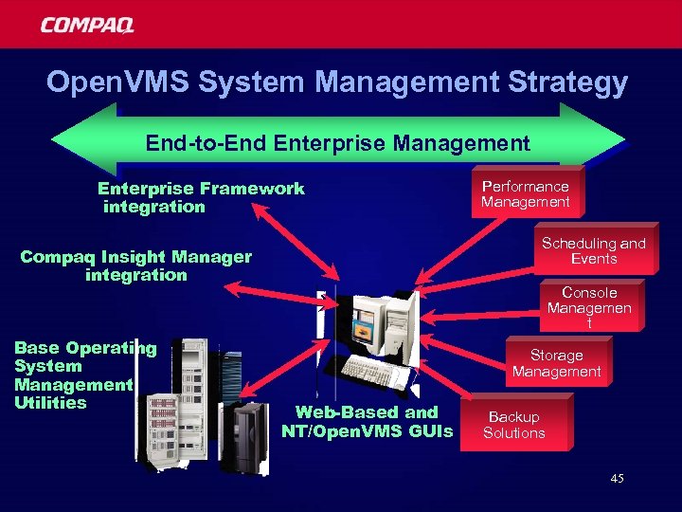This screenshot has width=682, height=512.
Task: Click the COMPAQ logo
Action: (87, 25)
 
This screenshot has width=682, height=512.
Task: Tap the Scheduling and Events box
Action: (593, 251)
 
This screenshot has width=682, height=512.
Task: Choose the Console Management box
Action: (589, 307)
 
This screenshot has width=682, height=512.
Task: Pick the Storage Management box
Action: (556, 363)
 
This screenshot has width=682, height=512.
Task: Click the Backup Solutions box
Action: (513, 425)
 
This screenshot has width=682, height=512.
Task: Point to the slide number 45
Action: (617, 479)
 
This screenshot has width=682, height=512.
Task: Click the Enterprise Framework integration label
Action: (201, 197)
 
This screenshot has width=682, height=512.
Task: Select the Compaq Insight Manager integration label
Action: (136, 265)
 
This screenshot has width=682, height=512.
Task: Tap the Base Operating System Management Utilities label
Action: (73, 375)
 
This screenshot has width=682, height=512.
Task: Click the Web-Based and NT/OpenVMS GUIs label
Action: (368, 422)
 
